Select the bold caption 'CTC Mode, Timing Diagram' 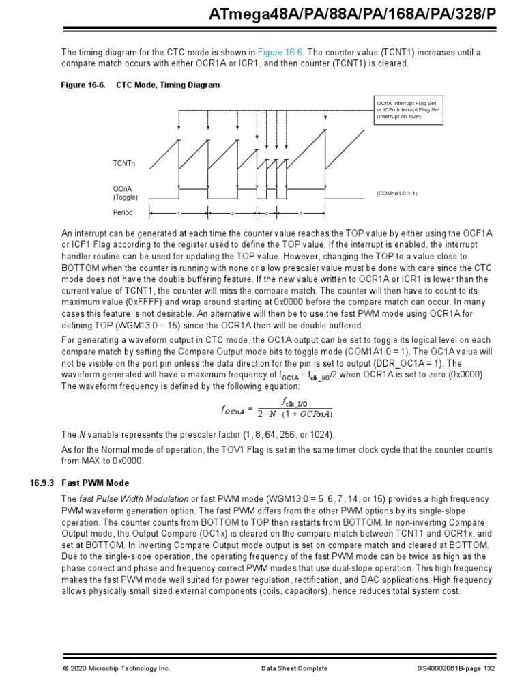[x=168, y=85]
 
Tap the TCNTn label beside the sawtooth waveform [x=124, y=164]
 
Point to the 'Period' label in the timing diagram [x=123, y=212]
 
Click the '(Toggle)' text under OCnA [x=126, y=197]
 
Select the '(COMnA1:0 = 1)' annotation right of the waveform [x=396, y=193]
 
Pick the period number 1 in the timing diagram [x=178, y=213]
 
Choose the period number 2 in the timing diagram [x=232, y=213]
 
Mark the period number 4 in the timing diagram [x=300, y=213]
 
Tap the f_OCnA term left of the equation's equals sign [x=232, y=410]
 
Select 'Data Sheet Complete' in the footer [x=295, y=668]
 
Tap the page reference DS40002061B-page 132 [x=456, y=668]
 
